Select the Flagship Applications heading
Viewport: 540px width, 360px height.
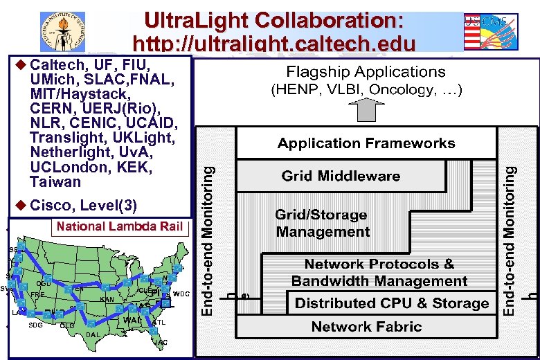point(366,72)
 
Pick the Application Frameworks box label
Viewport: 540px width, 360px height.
point(366,144)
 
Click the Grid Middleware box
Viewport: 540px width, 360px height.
point(341,176)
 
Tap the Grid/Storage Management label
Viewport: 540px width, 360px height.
point(322,223)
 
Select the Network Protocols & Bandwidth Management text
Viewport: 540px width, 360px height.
point(379,272)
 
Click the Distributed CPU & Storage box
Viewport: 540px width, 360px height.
point(392,303)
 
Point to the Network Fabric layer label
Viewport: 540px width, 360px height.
point(366,326)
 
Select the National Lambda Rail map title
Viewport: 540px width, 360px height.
point(119,226)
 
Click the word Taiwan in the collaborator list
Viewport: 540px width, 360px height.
point(55,182)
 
